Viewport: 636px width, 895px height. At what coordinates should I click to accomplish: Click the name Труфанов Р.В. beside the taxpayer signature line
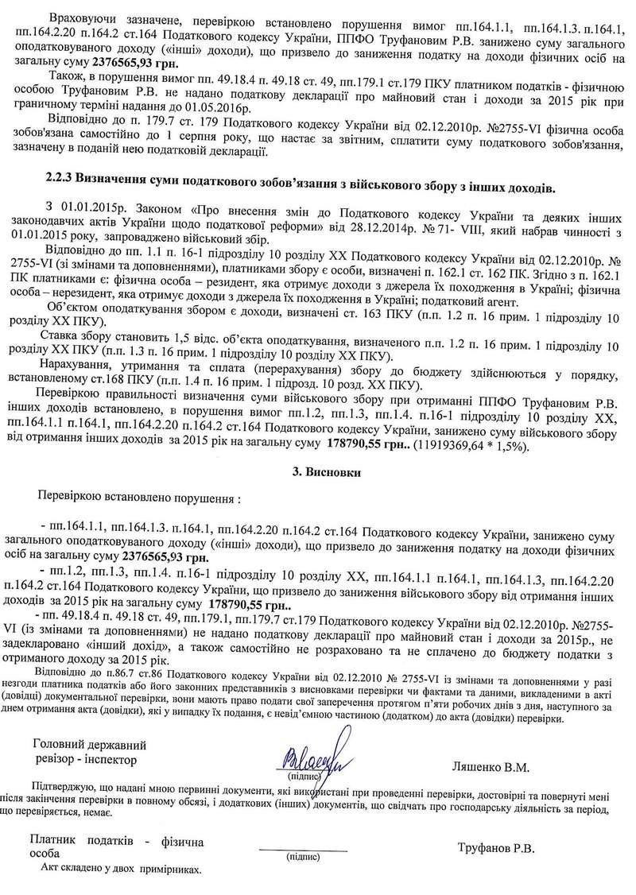(x=496, y=848)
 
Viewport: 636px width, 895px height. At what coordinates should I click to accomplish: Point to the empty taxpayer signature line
(x=303, y=850)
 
